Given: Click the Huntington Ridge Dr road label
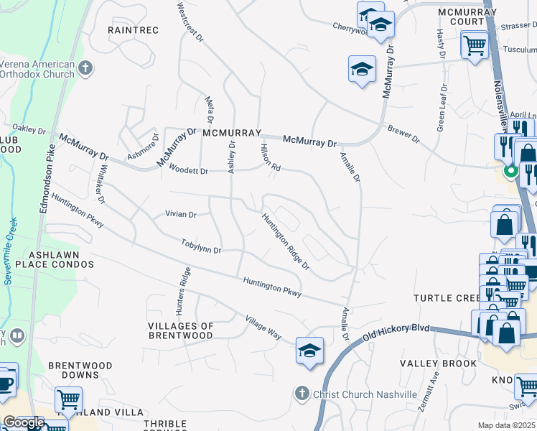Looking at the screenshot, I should tap(285, 242).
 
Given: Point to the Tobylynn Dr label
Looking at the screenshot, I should tap(201, 246).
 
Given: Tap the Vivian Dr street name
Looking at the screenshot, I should tap(181, 214).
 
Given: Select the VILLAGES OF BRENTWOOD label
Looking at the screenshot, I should tap(181, 331).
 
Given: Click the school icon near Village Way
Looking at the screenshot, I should tap(309, 351).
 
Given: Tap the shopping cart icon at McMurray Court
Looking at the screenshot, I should tap(475, 46).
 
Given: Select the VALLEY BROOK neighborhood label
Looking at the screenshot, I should tap(438, 363).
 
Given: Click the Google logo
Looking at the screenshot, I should tap(24, 422).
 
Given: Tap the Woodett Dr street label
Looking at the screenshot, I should tap(188, 170).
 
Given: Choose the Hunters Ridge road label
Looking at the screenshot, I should tap(183, 291).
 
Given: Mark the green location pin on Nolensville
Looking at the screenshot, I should tap(511, 172).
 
